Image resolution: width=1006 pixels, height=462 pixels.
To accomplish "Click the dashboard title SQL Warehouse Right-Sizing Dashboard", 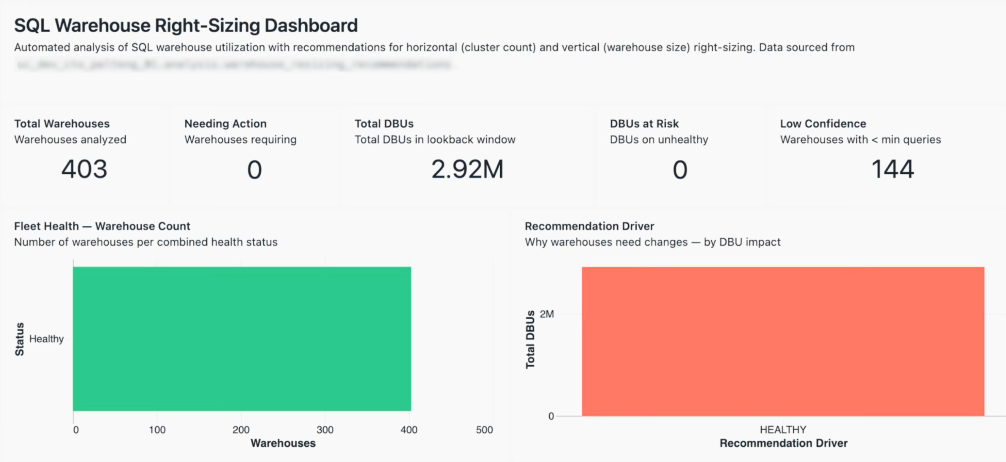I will tap(186, 26).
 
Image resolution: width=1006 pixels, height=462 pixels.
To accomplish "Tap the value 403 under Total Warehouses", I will tap(84, 169).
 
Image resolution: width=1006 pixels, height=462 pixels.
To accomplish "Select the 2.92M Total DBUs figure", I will tap(467, 169).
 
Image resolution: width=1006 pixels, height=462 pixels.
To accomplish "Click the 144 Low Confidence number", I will tap(892, 169).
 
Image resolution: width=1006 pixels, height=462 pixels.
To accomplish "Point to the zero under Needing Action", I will tap(254, 170).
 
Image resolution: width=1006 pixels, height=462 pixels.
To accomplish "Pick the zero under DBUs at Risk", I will tap(680, 170).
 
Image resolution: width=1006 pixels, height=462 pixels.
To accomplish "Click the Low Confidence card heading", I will tap(823, 123).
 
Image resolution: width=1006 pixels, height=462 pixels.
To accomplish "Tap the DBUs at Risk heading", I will tap(644, 123).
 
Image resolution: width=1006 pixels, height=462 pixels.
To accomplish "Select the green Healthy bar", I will tap(242, 339).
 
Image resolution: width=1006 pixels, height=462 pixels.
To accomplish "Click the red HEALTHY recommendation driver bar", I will tap(783, 341).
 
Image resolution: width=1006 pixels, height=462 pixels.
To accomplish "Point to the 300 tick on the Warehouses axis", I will tap(325, 430).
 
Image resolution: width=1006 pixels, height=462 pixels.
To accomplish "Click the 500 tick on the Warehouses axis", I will tap(484, 430).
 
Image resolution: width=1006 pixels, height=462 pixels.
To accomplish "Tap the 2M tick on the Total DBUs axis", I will tap(547, 314).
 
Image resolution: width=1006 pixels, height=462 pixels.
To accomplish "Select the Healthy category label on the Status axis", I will tap(46, 339).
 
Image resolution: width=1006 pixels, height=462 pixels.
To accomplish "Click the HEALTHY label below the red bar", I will tap(783, 429).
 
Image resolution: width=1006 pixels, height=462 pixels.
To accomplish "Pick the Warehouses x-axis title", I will tap(283, 443).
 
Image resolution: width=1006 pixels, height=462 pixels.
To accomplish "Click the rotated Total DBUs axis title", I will tap(530, 339).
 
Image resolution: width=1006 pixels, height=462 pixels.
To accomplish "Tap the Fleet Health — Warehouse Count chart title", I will tap(102, 226).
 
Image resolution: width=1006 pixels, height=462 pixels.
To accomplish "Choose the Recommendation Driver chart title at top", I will tap(589, 226).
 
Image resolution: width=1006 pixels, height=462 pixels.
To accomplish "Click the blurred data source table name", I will tap(234, 64).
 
